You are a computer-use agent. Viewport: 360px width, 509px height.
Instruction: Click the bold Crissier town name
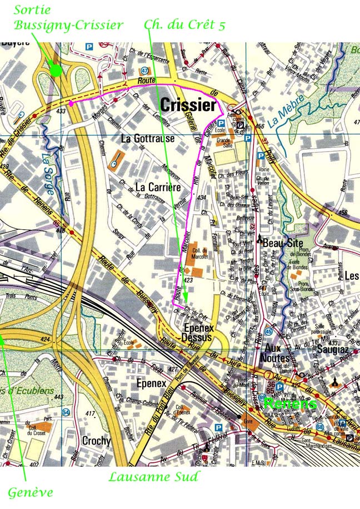(x=188, y=105)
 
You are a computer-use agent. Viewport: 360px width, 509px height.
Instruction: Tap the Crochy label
(x=97, y=441)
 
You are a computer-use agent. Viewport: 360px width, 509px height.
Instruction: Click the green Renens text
(x=290, y=403)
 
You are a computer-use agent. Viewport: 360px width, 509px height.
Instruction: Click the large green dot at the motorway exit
(x=55, y=70)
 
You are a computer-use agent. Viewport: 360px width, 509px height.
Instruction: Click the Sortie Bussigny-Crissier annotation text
(x=68, y=18)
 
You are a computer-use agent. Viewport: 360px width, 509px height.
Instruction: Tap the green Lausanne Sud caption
(x=153, y=476)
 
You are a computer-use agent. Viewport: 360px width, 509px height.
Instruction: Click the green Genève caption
(x=30, y=492)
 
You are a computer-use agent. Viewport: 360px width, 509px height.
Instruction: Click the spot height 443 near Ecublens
(x=59, y=397)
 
